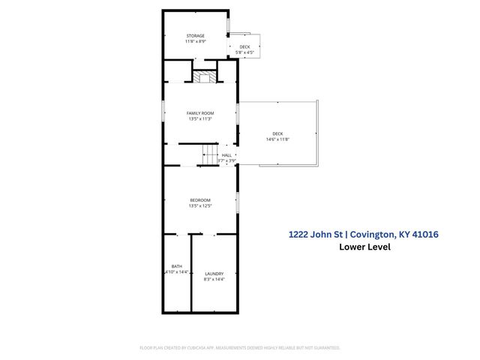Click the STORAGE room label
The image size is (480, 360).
(195, 35)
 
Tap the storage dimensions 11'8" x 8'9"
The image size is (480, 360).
(195, 41)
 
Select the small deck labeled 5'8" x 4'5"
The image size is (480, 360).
(244, 49)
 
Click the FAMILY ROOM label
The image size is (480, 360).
(200, 112)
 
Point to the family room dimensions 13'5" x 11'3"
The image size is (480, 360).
(200, 118)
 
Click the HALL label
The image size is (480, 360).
(226, 155)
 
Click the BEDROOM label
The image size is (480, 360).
(200, 199)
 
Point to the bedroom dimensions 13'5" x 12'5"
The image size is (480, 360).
(200, 205)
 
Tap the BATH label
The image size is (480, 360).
(177, 266)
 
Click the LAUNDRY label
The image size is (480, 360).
(214, 274)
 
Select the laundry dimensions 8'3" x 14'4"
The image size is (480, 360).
(214, 280)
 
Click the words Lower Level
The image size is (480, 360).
(364, 247)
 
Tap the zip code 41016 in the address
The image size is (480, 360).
(422, 234)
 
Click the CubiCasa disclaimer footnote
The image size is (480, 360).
(240, 347)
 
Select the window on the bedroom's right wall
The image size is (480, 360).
(238, 202)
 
